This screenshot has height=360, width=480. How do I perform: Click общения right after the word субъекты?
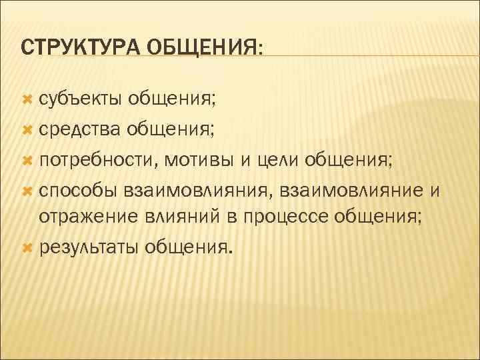tap(172, 100)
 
